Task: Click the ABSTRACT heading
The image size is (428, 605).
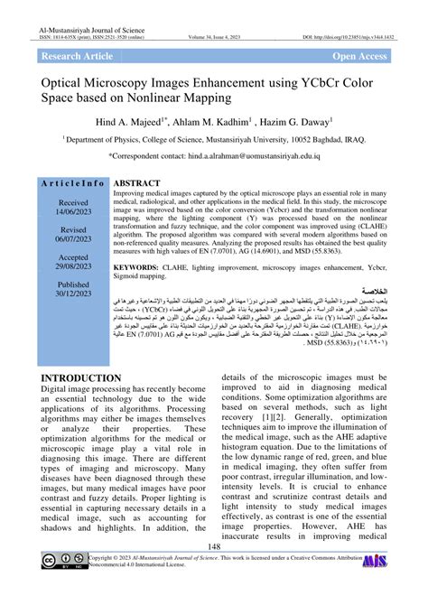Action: tap(137, 182)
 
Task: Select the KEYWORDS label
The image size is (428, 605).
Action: tap(144, 267)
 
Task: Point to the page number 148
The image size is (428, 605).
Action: tap(214, 572)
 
